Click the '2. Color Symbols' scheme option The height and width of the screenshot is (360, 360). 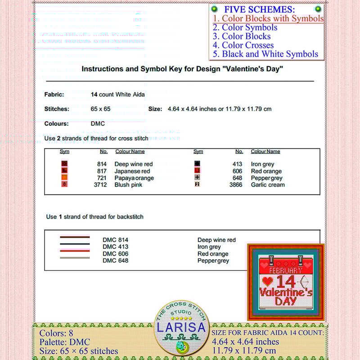tap(245, 27)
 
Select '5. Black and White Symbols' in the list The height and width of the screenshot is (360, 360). tap(265, 54)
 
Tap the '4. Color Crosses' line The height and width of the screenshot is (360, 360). tap(243, 45)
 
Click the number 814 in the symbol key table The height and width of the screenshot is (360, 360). tap(102, 164)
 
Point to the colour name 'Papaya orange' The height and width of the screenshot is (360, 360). tap(134, 178)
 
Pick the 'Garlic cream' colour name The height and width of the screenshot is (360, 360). tap(268, 184)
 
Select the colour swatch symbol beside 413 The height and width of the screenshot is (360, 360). tap(197, 164)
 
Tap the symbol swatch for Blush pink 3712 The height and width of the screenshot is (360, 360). tap(64, 184)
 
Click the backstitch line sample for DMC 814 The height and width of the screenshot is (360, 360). tap(75, 237)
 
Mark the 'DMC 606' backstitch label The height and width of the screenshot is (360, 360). tap(115, 254)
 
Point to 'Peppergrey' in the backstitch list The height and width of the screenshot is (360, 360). tap(213, 261)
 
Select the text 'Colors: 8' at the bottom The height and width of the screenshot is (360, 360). tap(56, 333)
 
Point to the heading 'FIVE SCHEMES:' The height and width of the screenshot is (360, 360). tap(260, 9)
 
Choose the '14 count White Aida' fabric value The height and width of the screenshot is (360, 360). tap(117, 94)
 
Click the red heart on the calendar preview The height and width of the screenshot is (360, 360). tap(267, 281)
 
